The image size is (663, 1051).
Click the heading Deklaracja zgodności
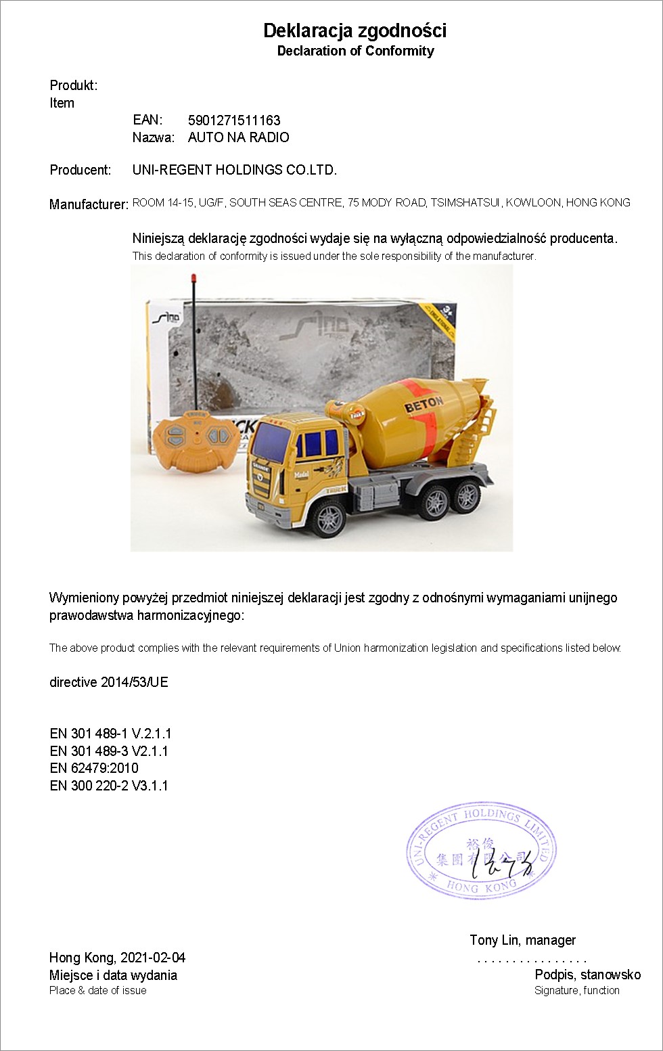[355, 30]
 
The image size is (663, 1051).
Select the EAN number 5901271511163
[234, 120]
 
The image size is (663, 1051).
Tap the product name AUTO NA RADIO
[238, 137]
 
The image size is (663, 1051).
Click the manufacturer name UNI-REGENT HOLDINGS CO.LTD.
[234, 170]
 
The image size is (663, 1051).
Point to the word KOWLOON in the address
[533, 202]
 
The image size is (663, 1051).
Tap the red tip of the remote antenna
[193, 278]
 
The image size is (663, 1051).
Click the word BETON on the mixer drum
[424, 405]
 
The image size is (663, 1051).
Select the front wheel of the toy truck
[329, 518]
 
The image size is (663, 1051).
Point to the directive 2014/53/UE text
[108, 682]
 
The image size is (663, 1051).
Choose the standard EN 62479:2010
[93, 768]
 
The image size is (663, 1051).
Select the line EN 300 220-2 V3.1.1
[108, 786]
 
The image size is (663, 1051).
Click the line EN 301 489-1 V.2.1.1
[110, 734]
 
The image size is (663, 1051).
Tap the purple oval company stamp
[481, 851]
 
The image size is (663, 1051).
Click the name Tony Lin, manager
[522, 940]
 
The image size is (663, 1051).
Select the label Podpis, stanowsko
[587, 975]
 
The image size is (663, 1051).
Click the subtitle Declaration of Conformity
[355, 51]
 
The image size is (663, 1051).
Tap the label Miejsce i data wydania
[113, 975]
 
